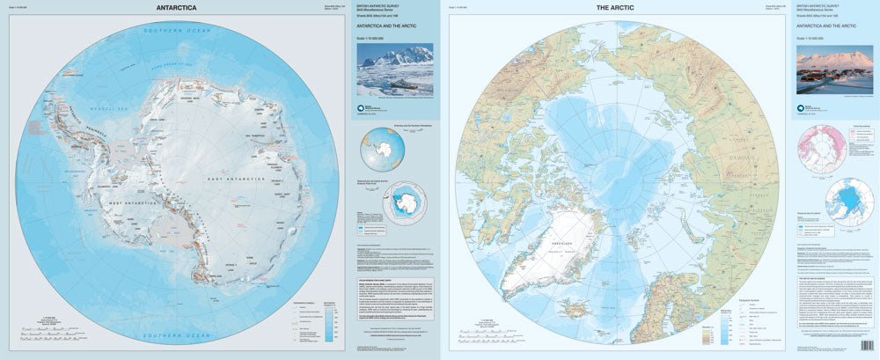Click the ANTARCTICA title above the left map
tap(176, 9)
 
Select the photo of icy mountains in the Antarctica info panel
tap(395, 70)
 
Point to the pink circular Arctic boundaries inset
tap(822, 142)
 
